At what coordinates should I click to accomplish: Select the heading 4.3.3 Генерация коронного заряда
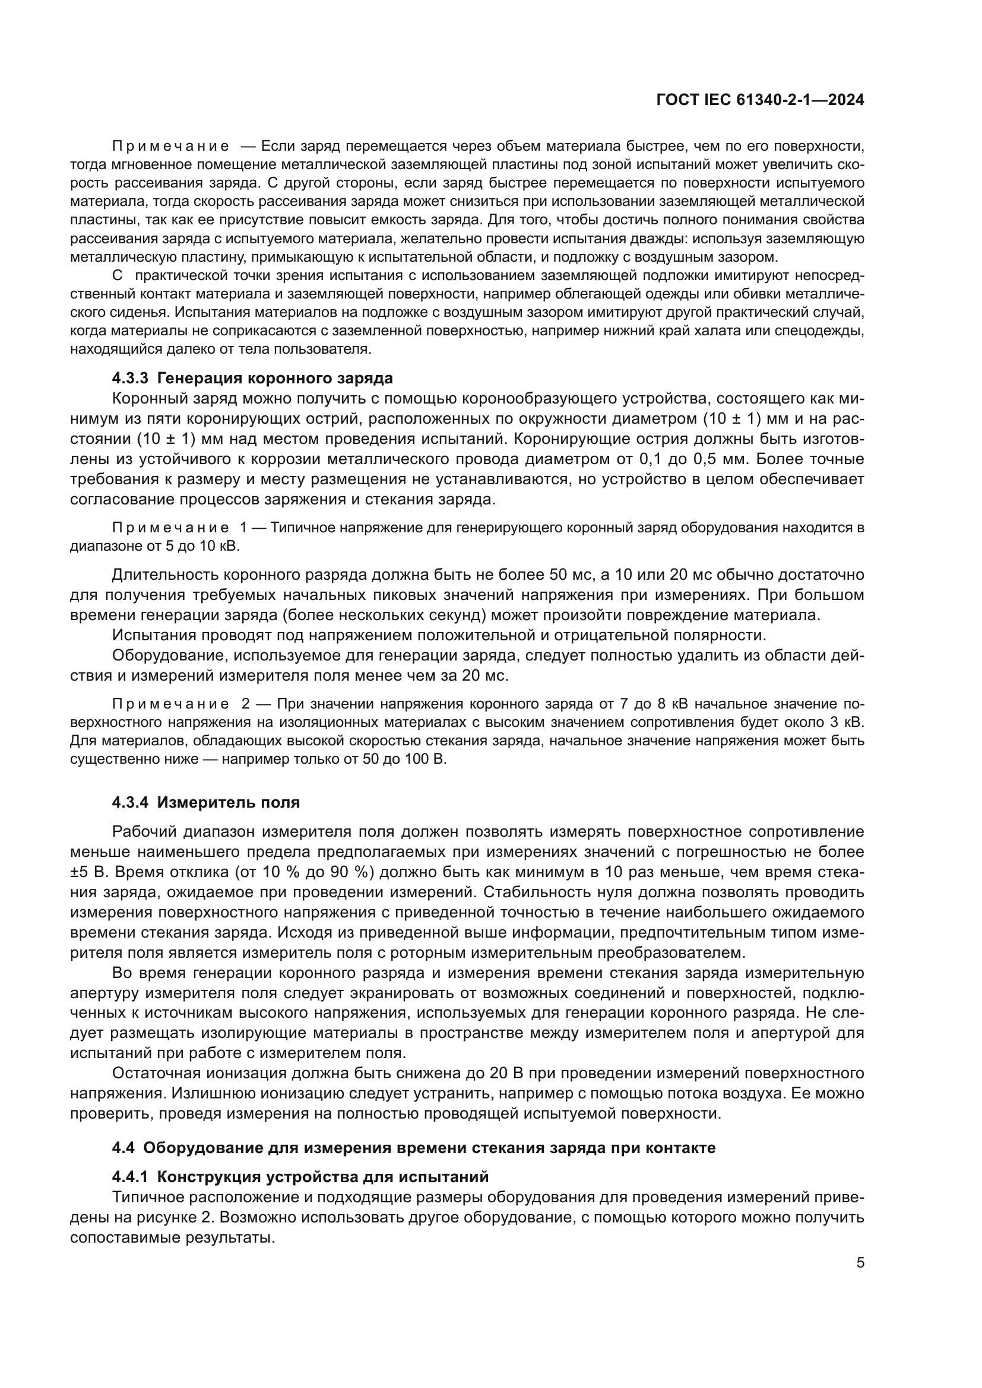252,379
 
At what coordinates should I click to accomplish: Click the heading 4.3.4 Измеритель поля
205,802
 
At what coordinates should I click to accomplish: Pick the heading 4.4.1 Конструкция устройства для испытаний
300,1177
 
